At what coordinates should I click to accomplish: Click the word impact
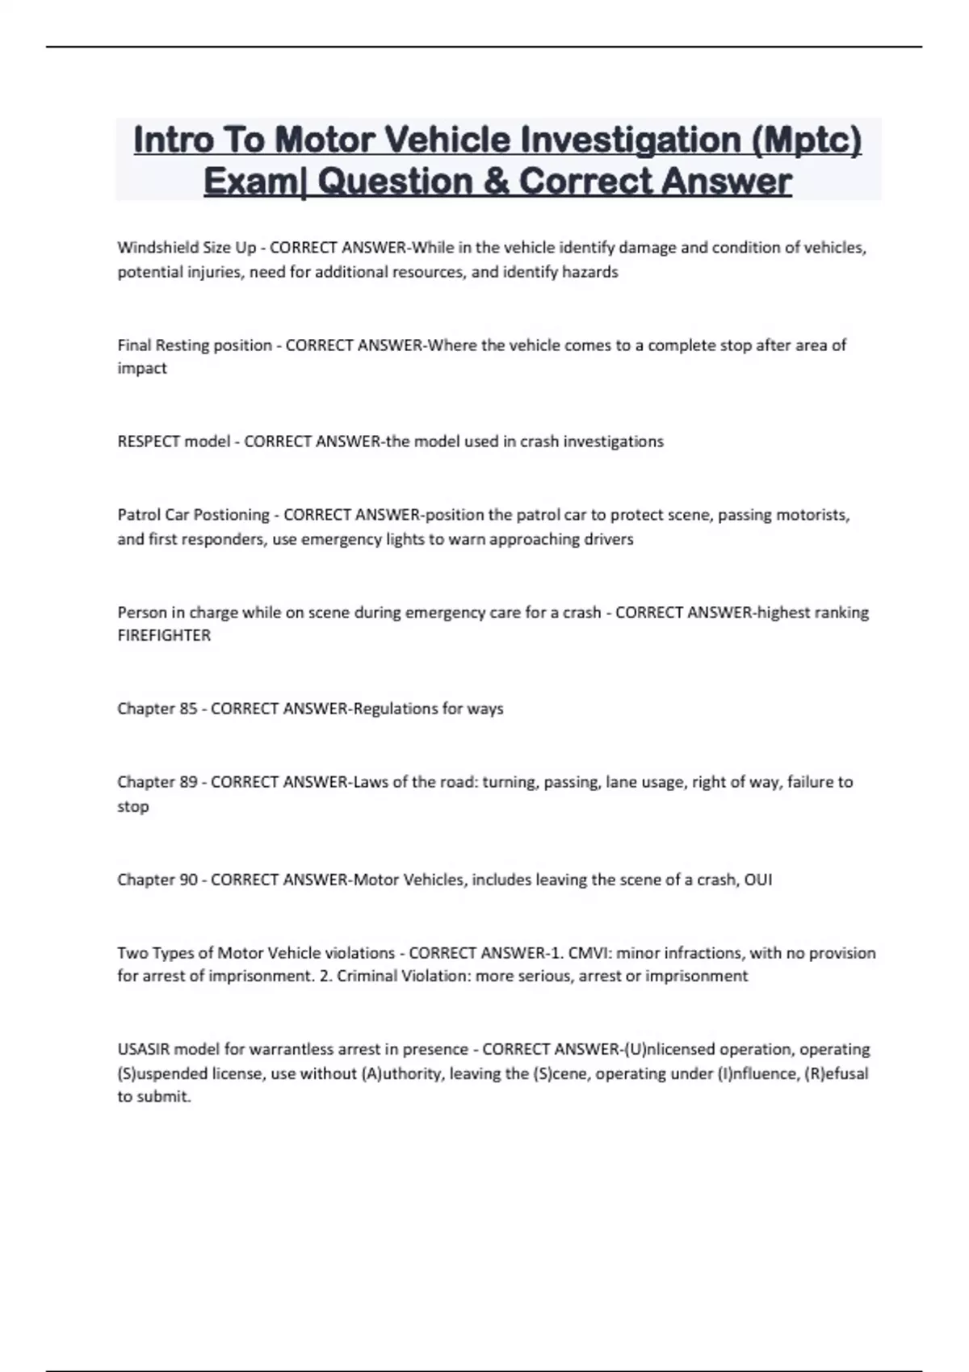click(142, 368)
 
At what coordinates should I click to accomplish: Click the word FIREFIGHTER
click(164, 635)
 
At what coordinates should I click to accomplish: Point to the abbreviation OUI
click(757, 880)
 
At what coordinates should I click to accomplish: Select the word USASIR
click(144, 1050)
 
